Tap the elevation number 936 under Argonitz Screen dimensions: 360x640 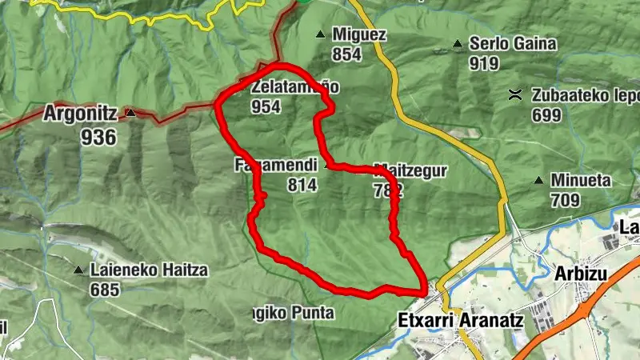98,137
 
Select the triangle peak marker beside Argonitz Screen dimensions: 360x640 130,114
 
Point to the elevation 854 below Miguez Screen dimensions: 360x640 348,54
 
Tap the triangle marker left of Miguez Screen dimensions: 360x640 321,34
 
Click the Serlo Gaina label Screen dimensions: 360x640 502,45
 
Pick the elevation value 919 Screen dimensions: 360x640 485,64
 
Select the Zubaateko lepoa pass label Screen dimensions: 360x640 574,96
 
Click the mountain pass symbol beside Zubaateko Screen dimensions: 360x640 516,95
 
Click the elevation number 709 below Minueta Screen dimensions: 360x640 564,199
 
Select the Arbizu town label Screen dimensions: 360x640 580,274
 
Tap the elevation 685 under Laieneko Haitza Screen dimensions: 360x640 105,289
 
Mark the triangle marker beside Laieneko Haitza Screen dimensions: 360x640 78,270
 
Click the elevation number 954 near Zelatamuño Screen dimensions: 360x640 265,106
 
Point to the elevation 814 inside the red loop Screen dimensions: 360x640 302,186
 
